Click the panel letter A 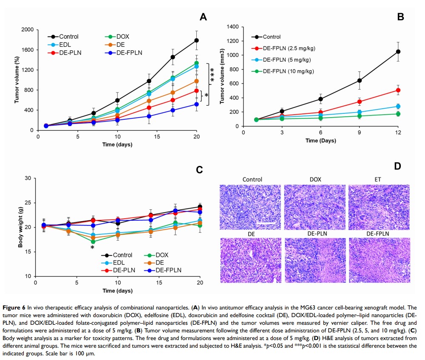[x=203, y=17]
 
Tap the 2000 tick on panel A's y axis [x=29, y=30]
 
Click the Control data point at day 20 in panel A [x=197, y=40]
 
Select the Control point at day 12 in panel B [x=398, y=51]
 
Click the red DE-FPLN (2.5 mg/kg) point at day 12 [x=398, y=90]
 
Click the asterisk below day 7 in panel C [x=92, y=248]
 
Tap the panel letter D [x=398, y=166]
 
